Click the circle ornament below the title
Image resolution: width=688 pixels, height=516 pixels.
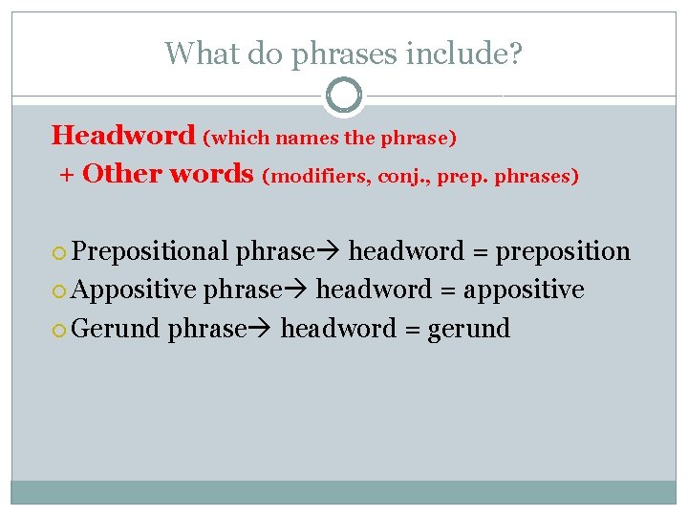tap(344, 96)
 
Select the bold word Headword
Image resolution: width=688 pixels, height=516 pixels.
tap(123, 135)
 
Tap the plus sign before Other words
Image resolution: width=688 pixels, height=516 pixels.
tap(66, 175)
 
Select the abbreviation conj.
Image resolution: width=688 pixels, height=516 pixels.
tap(401, 177)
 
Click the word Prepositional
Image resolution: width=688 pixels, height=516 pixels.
tap(150, 251)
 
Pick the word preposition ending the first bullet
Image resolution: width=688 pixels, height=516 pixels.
tap(563, 252)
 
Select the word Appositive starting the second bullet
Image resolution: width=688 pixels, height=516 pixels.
tap(134, 290)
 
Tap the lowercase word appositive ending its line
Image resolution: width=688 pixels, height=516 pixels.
tap(524, 290)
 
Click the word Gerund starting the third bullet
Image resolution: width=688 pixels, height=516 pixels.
tap(116, 329)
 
